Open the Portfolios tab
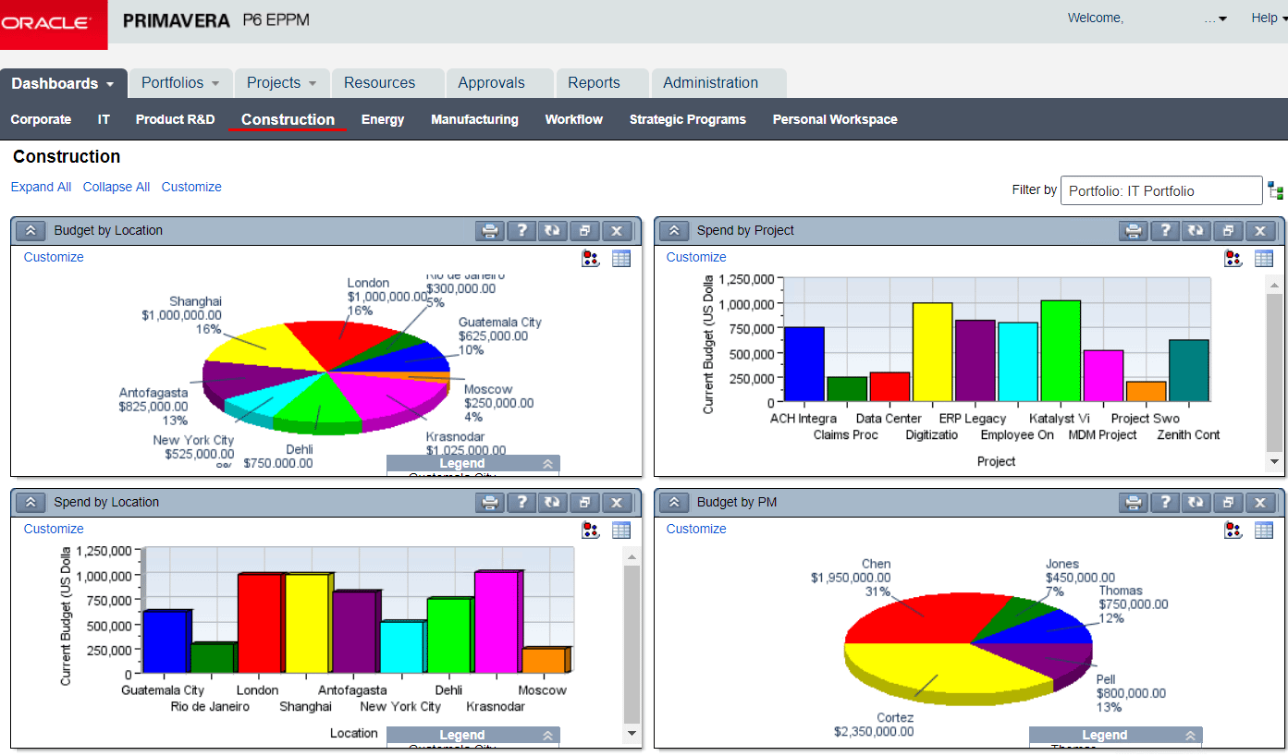[x=180, y=83]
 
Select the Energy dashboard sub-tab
[x=383, y=119]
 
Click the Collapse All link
[x=117, y=187]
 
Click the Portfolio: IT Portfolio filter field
[x=1160, y=190]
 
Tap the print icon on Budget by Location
[x=490, y=231]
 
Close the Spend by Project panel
[x=1259, y=231]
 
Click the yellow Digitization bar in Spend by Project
[x=932, y=351]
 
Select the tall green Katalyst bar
[x=1060, y=350]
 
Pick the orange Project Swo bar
[x=1146, y=391]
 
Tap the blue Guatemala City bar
[x=166, y=641]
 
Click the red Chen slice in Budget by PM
[x=915, y=615]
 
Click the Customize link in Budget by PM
[x=696, y=529]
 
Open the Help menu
[x=1264, y=18]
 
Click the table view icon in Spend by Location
[x=621, y=530]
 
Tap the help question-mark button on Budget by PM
[x=1165, y=503]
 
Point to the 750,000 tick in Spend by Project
[x=752, y=328]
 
